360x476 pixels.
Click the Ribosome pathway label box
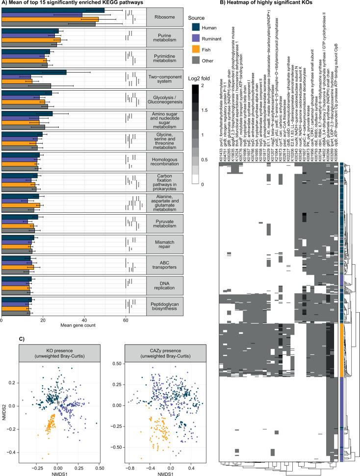(164, 17)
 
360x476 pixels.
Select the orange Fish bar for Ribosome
(49, 20)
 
